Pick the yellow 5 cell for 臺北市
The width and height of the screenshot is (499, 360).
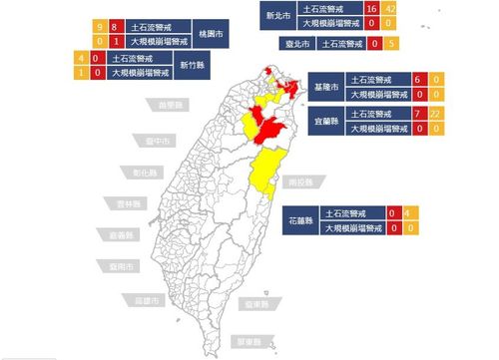(391, 43)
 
